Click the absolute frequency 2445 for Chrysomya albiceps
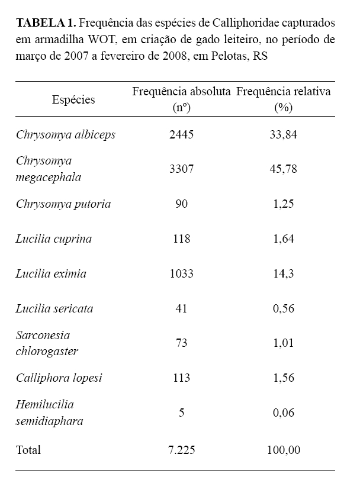[x=181, y=134]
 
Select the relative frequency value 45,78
[x=283, y=169]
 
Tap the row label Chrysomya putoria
[x=63, y=204]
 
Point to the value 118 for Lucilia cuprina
[x=181, y=239]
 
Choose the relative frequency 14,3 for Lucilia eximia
[x=283, y=274]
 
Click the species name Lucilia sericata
[x=54, y=308]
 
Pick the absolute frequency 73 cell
[x=181, y=343]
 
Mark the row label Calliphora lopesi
[x=59, y=378]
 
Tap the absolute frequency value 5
[x=181, y=413]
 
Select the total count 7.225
[x=181, y=450]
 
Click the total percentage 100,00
[x=283, y=450]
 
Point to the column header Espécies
[x=73, y=99]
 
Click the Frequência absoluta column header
[x=181, y=92]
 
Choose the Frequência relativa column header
[x=283, y=92]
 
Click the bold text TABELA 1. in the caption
[x=46, y=24]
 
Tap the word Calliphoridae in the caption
[x=249, y=24]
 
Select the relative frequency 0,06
[x=283, y=413]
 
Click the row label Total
[x=28, y=450]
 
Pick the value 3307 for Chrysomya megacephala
[x=181, y=169]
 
